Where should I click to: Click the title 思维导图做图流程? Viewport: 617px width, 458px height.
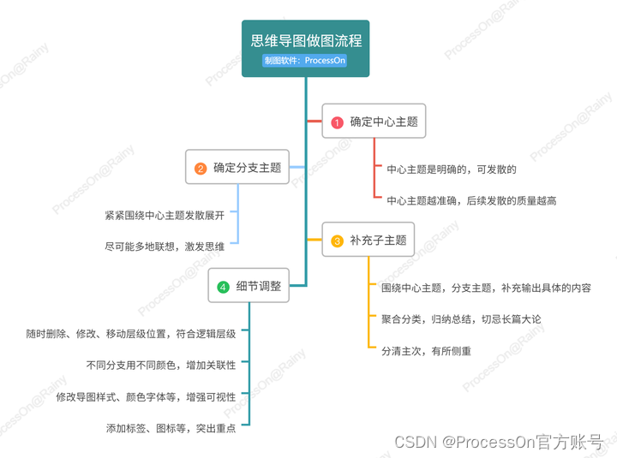pyautogui.click(x=306, y=40)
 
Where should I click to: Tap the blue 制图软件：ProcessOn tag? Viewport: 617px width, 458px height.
pyautogui.click(x=305, y=61)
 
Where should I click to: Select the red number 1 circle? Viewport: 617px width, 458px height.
pyautogui.click(x=337, y=122)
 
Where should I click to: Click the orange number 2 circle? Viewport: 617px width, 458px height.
pyautogui.click(x=201, y=169)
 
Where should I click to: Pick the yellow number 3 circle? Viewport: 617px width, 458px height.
pyautogui.click(x=337, y=241)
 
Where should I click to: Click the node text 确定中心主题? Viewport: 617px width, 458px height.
pyautogui.click(x=384, y=122)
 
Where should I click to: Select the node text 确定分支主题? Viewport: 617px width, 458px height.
pyautogui.click(x=248, y=168)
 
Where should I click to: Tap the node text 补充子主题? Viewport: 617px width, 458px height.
pyautogui.click(x=378, y=241)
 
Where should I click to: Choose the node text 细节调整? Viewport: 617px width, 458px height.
pyautogui.click(x=259, y=287)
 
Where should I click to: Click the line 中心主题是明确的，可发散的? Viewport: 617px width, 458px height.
pyautogui.click(x=452, y=170)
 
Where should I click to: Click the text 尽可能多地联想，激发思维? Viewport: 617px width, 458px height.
pyautogui.click(x=165, y=246)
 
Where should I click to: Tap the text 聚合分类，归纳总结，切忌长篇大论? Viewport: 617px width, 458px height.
pyautogui.click(x=461, y=318)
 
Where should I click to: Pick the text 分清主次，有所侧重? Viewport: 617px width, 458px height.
pyautogui.click(x=426, y=350)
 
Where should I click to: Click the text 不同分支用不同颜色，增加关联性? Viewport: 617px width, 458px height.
pyautogui.click(x=161, y=365)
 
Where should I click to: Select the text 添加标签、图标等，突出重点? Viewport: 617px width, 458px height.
pyautogui.click(x=171, y=427)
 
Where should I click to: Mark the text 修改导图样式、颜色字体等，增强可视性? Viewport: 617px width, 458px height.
pyautogui.click(x=146, y=396)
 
